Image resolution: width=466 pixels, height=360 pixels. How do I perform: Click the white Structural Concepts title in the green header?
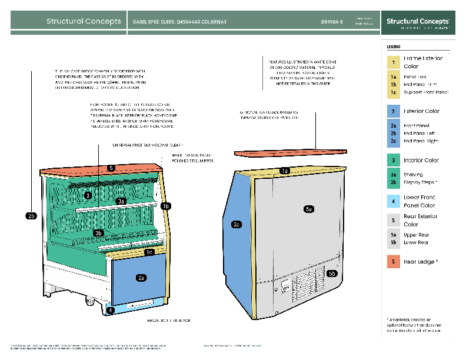coord(84,22)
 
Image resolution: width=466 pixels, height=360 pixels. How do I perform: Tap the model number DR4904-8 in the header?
coord(332,22)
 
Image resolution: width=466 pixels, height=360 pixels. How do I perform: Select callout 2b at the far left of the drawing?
coord(32,216)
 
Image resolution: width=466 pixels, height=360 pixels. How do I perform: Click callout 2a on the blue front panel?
coord(141,277)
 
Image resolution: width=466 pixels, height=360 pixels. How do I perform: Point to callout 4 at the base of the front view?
coord(110,310)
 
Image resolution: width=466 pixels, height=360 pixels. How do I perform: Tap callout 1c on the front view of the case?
coord(149,252)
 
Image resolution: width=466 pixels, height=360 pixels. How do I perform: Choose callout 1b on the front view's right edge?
coord(166,206)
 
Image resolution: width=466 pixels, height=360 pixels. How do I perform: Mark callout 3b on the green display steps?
coord(99,233)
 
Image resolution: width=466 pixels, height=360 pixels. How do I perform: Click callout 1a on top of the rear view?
coord(285,171)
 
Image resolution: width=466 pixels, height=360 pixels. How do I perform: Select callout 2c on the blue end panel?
coord(237,224)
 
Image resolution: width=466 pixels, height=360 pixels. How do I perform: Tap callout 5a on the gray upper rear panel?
coord(309,209)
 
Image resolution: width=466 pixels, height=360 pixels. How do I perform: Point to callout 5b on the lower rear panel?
coord(332,274)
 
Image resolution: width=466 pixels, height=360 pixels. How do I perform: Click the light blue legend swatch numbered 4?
coord(392,201)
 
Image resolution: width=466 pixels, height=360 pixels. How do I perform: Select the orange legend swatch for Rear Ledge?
coord(392,262)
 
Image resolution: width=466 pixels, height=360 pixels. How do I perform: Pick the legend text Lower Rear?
coord(416,242)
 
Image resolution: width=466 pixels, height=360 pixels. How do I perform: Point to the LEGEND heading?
coord(394,46)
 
